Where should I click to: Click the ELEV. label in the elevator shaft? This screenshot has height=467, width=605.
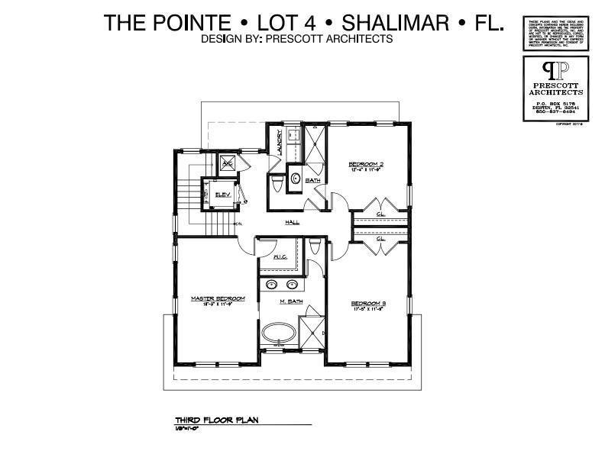point(223,195)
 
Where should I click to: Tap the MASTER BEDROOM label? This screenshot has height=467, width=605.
point(218,298)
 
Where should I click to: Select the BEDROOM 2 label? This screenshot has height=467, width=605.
point(365,163)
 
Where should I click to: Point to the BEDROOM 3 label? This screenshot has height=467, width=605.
point(367,303)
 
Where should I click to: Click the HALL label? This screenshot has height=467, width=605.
point(292,223)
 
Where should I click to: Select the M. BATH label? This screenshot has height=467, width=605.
point(291,302)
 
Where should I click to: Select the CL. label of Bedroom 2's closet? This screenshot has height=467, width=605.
point(380,214)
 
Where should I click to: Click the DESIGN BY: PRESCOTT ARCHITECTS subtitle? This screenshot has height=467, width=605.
point(296,38)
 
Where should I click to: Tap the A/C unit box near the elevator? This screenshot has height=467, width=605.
point(227,163)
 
